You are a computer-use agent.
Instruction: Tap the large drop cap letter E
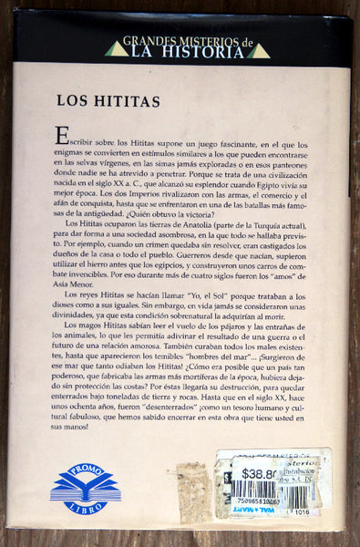61,136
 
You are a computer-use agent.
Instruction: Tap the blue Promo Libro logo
85,488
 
